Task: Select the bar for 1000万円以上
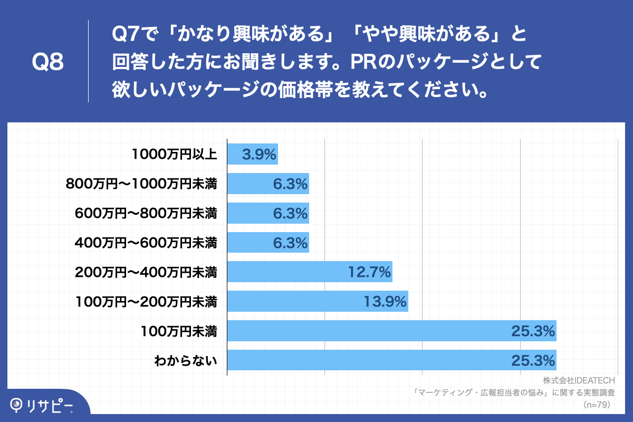252,154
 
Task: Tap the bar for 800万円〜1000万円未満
268,184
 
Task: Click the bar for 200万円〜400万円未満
310,272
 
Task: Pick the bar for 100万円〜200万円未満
318,302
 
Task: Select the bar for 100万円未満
391,331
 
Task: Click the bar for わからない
391,361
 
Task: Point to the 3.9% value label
259,155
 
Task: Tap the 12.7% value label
369,273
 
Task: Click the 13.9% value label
385,302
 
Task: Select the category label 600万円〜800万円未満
146,213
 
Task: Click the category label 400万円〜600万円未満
146,243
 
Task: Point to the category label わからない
186,361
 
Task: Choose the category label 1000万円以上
175,154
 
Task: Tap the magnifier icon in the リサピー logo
17,405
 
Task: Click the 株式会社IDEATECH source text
579,380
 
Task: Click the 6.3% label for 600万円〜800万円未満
290,214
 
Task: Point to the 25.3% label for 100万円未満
533,332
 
